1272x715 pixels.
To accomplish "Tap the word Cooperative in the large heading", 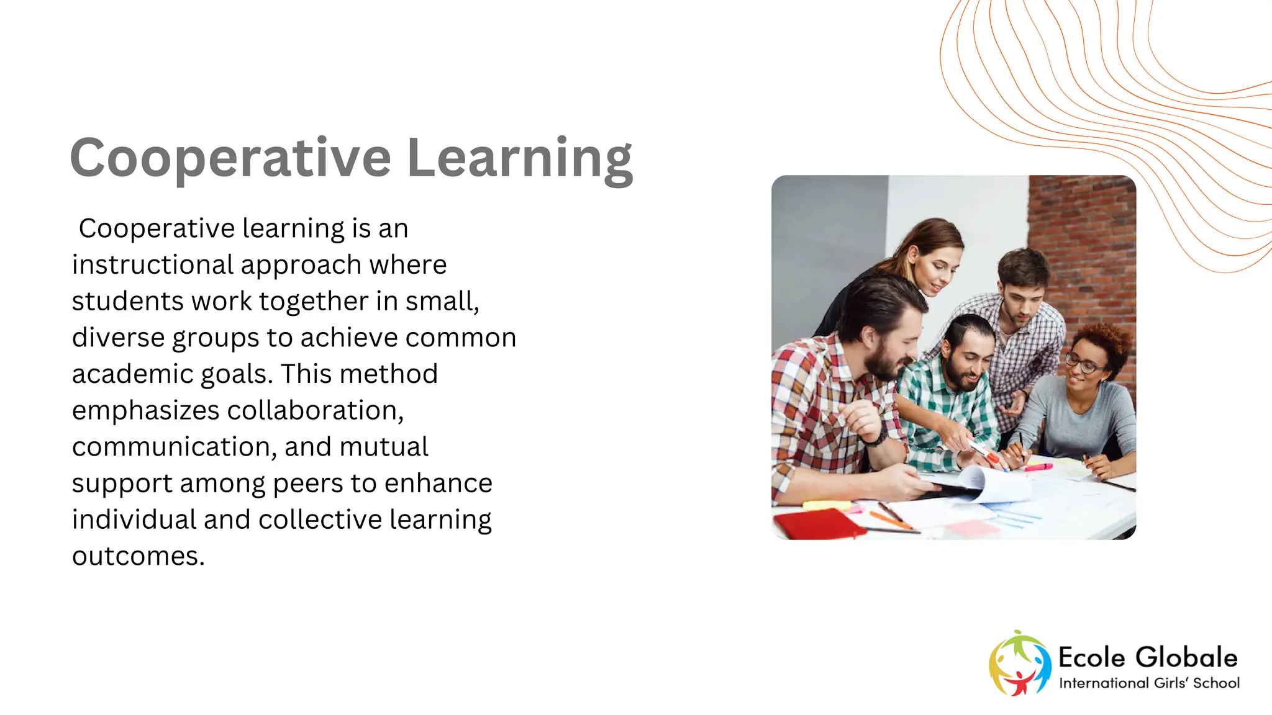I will tap(230, 159).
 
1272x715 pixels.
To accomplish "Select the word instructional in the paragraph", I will tap(152, 265).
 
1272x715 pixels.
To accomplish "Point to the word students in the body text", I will tap(127, 302).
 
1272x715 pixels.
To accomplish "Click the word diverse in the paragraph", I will tap(117, 338).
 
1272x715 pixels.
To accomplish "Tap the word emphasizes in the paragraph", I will tap(145, 410).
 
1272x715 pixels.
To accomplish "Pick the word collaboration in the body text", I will tap(315, 410).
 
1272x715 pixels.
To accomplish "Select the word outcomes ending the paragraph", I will tap(137, 556).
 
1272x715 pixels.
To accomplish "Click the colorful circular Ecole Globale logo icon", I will tap(1019, 663).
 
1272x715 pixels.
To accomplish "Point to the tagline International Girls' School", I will tap(1149, 683).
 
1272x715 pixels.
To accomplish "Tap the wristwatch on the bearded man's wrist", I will tap(876, 436).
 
